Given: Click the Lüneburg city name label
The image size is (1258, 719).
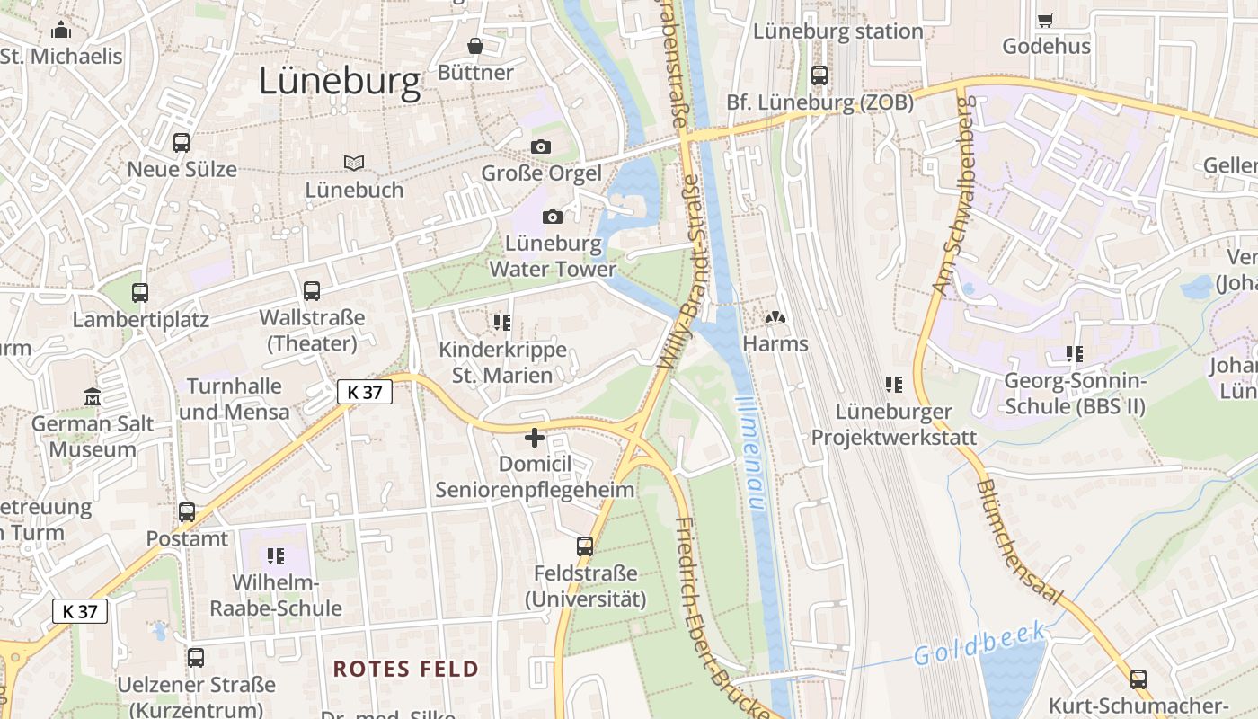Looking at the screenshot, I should tap(340, 82).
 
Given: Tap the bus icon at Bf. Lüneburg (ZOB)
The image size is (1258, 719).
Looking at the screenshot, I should tap(819, 75).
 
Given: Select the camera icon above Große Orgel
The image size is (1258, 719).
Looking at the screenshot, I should tap(541, 146).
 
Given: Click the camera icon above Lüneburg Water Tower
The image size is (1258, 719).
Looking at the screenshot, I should tap(553, 217).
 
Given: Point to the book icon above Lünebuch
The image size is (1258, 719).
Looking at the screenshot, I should tap(354, 163).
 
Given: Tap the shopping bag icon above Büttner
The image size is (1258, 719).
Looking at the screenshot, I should tap(474, 46).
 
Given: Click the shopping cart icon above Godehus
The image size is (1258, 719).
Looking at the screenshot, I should tap(1045, 20).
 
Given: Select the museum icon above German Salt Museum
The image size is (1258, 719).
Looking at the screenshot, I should tap(92, 396).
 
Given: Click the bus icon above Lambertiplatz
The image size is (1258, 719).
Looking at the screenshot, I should tap(140, 292).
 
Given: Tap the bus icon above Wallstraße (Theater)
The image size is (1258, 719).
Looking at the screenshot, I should tap(312, 291).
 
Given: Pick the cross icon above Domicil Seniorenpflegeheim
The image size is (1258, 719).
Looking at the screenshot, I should tap(535, 438).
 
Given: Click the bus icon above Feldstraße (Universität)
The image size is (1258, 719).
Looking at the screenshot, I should tap(585, 546).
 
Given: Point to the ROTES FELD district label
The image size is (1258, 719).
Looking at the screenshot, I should tap(406, 669).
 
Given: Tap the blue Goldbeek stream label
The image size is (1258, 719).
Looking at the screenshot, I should tap(980, 643).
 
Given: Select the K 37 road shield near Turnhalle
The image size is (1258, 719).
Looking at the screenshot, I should tap(365, 392).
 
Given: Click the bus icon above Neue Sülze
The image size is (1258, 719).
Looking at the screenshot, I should tap(182, 142).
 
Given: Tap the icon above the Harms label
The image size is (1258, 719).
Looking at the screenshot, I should tap(775, 317).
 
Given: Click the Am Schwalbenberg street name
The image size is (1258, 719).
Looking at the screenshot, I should tap(952, 196).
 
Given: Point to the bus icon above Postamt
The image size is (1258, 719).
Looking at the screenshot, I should tap(187, 512).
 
